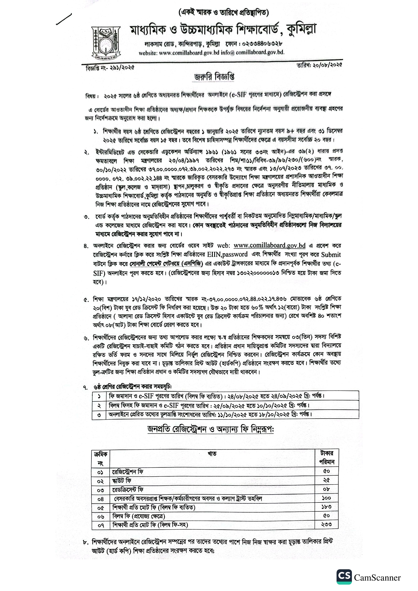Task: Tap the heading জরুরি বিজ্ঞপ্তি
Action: pyautogui.click(x=214, y=77)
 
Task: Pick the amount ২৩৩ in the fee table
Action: pyautogui.click(x=326, y=524)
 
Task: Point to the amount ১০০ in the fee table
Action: pyautogui.click(x=326, y=498)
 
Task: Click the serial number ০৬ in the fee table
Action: pyautogui.click(x=100, y=516)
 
